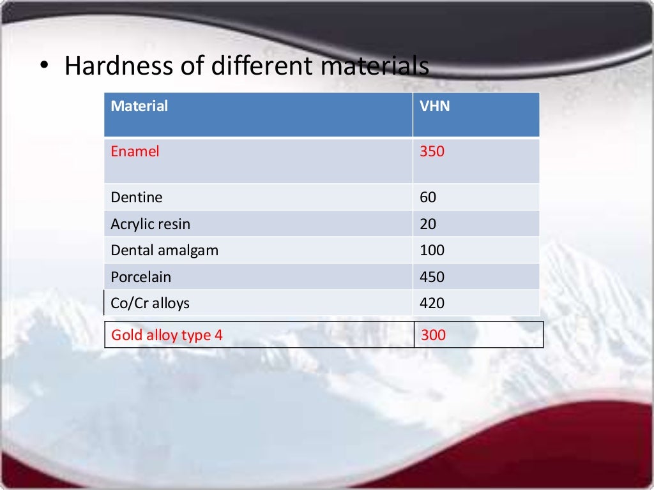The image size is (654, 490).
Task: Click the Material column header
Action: (x=139, y=107)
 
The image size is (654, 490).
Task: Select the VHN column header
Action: (x=434, y=107)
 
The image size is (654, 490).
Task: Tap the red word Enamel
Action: (x=135, y=152)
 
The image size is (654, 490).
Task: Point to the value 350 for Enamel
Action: (x=432, y=152)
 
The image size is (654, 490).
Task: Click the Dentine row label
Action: (x=137, y=198)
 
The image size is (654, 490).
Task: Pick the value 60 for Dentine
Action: (x=428, y=198)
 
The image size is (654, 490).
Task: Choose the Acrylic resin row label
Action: (x=150, y=225)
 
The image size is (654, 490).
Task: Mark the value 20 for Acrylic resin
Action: (x=428, y=225)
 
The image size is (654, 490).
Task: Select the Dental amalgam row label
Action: (x=164, y=251)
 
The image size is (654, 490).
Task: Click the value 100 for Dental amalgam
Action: (x=432, y=251)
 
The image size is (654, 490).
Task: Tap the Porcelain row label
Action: (x=141, y=278)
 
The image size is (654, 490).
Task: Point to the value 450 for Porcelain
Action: (x=432, y=278)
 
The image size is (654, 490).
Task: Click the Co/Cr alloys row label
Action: (x=150, y=303)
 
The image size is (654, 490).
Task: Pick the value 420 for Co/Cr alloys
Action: (x=432, y=303)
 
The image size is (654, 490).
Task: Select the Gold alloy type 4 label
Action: (x=167, y=335)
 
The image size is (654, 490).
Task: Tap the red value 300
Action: (x=433, y=335)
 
